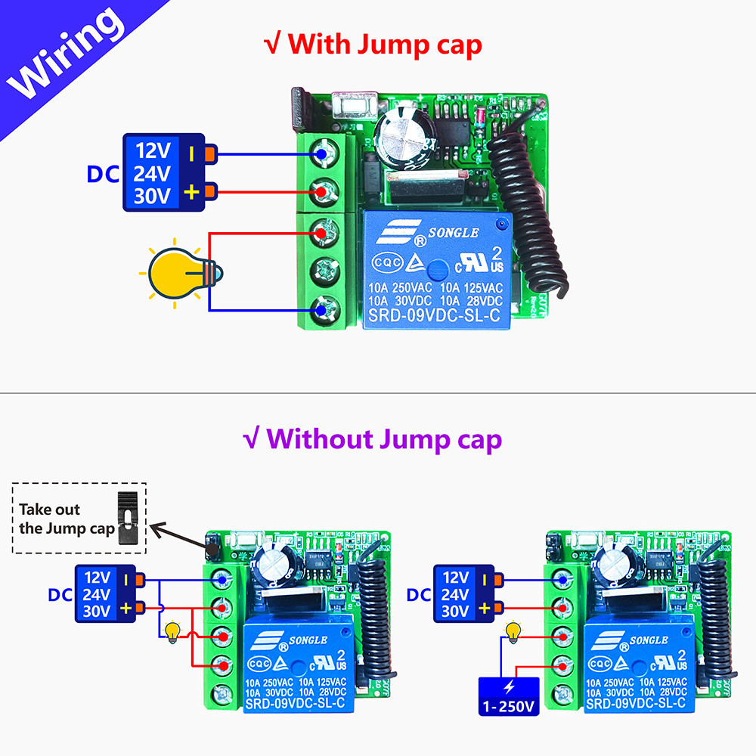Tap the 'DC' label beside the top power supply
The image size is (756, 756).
pos(104,174)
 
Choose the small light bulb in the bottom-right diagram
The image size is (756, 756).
pos(514,631)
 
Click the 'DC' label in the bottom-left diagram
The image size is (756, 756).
pos(60,595)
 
